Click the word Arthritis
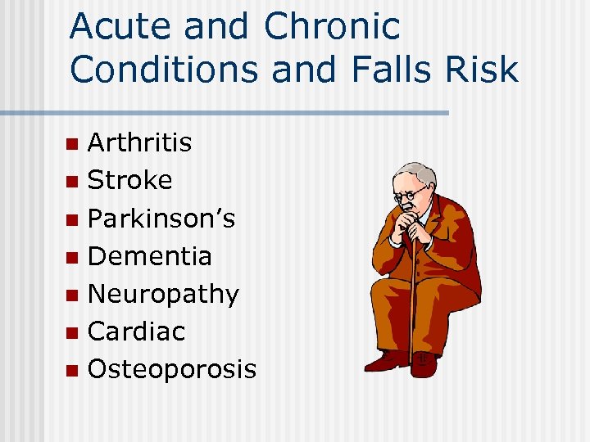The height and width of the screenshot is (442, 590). coord(139,142)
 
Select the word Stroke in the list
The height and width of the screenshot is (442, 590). coord(129,180)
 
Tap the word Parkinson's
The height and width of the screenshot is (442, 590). coord(161,219)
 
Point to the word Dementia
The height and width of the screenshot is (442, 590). coord(149,256)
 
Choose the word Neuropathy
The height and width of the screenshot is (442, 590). coord(163,294)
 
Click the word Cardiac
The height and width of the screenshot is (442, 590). coord(136,331)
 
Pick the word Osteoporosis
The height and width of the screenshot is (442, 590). coord(171,369)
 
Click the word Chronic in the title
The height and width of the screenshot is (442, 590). coord(332,27)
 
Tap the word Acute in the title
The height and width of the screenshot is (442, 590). coord(120,27)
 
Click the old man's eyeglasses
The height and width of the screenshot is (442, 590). coord(409,196)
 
